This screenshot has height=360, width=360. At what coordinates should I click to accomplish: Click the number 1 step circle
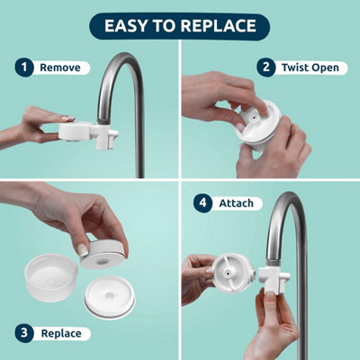pyautogui.click(x=24, y=67)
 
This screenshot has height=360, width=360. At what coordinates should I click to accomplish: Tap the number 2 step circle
pyautogui.click(x=265, y=67)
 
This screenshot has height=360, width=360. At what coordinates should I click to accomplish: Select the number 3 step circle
pyautogui.click(x=24, y=333)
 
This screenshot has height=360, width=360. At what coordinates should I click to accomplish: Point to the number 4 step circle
pyautogui.click(x=202, y=203)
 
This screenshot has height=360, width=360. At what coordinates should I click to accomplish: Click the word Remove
pyautogui.click(x=60, y=67)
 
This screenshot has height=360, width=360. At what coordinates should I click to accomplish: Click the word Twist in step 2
pyautogui.click(x=293, y=67)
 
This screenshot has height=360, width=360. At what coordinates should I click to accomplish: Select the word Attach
pyautogui.click(x=236, y=203)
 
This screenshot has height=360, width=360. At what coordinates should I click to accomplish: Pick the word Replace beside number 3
pyautogui.click(x=61, y=334)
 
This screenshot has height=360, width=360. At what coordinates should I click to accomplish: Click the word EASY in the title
pyautogui.click(x=127, y=26)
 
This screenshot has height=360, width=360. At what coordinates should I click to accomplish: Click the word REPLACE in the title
pyautogui.click(x=219, y=26)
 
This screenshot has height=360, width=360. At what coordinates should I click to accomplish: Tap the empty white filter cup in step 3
pyautogui.click(x=51, y=277)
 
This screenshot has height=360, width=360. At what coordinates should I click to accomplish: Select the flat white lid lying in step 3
pyautogui.click(x=110, y=297)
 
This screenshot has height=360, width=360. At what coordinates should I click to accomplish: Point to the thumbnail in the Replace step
pyautogui.click(x=83, y=249)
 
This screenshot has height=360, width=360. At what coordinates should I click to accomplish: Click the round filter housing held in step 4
pyautogui.click(x=233, y=274)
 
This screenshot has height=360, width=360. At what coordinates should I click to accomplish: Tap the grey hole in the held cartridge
pyautogui.click(x=102, y=262)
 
